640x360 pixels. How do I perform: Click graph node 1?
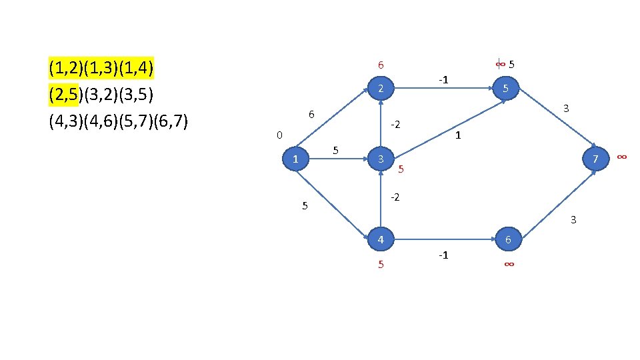(x=295, y=159)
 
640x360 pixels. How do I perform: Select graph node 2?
(x=379, y=89)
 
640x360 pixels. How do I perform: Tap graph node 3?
(x=379, y=159)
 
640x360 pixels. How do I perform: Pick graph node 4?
(x=379, y=239)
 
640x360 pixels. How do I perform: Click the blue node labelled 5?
(x=507, y=89)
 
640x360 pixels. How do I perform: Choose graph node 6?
(x=508, y=239)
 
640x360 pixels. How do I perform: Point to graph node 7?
(x=595, y=159)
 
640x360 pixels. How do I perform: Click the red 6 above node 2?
(x=380, y=65)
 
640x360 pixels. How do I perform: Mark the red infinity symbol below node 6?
(x=508, y=265)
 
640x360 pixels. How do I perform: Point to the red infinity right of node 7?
(x=621, y=156)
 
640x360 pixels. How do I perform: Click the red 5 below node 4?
(x=381, y=265)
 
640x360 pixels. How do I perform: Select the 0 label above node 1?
(x=279, y=135)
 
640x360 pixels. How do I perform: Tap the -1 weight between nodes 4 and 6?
(x=442, y=255)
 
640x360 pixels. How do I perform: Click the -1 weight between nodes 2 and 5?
(x=443, y=80)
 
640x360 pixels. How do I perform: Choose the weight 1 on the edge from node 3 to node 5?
(x=458, y=135)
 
